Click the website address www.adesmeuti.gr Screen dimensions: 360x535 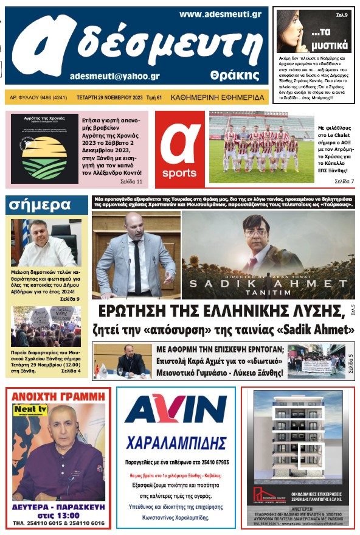point(220,13)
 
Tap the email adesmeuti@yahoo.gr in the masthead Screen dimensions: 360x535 point(115,76)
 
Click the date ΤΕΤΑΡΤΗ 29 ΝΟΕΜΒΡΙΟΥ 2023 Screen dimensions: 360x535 point(111,97)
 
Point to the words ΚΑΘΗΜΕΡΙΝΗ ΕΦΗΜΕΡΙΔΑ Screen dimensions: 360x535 point(218,97)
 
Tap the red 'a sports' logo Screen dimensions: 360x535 point(179,149)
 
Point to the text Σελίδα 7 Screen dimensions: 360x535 point(344,181)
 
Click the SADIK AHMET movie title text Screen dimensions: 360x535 point(268,283)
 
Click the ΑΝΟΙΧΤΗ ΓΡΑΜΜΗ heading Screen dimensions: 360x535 point(58,396)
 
